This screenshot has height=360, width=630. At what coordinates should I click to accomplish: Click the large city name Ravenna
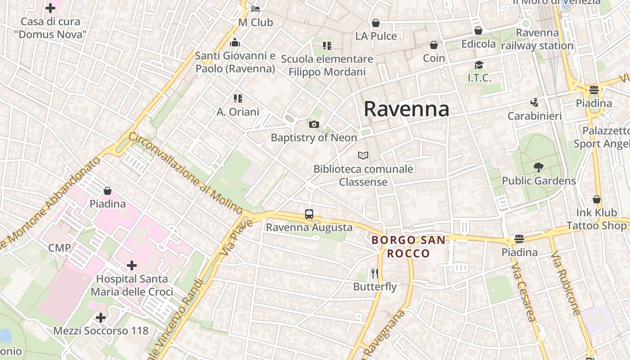click(406, 109)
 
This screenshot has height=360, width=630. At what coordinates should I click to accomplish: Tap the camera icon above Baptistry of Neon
click(314, 125)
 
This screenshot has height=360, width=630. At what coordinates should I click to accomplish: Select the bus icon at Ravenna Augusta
click(309, 214)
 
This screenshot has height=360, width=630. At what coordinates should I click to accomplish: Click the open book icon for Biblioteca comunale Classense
click(363, 156)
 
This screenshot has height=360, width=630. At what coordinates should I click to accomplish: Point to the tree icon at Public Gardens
click(538, 168)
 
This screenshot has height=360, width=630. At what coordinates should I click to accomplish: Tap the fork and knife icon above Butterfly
click(375, 273)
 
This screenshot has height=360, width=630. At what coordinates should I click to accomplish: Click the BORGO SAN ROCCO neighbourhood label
click(409, 247)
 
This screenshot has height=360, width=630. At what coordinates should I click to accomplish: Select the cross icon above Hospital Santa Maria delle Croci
click(131, 265)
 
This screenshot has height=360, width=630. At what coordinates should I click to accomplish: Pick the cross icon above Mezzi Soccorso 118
click(101, 318)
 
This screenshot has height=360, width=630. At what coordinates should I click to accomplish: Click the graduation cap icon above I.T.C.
click(479, 65)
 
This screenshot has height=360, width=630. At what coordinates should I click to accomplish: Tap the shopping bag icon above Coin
click(434, 45)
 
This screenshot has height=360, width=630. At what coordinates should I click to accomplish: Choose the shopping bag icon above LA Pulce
click(376, 23)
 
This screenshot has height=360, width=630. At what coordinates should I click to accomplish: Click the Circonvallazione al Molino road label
click(186, 173)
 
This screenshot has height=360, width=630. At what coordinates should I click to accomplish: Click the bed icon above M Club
click(256, 9)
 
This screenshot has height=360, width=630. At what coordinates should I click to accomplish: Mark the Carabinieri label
click(535, 116)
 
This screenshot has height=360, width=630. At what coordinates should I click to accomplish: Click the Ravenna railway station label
click(537, 39)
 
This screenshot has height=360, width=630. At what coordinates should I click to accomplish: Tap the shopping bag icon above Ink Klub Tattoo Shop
click(597, 199)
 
